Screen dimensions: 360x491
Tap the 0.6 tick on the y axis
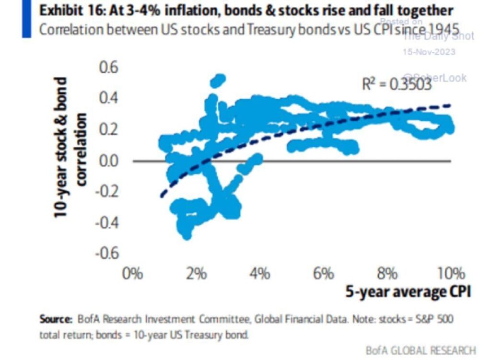click(x=108, y=68)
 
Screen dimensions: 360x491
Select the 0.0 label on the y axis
click(x=108, y=161)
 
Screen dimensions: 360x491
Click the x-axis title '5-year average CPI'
click(x=408, y=292)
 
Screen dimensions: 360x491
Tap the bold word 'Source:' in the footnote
click(x=56, y=319)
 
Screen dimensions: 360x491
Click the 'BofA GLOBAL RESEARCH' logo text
click(x=421, y=349)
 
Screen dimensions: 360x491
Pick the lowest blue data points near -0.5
click(x=186, y=233)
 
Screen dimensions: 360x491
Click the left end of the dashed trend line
click(x=162, y=196)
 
